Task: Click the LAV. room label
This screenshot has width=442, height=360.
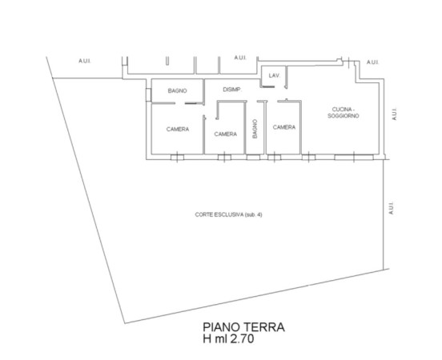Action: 275,75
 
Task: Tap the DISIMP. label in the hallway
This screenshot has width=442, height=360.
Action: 232,90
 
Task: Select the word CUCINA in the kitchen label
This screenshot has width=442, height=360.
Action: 342,110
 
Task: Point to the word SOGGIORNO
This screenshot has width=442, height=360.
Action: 344,116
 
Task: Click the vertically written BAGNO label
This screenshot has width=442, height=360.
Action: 255,129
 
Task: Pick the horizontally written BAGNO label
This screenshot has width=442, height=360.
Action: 177,90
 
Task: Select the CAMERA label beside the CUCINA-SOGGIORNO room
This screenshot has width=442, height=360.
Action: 284,127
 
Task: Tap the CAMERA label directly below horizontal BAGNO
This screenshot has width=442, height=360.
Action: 178,130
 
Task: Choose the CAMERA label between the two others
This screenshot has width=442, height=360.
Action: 226,134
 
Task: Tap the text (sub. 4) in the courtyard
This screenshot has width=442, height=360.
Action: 254,214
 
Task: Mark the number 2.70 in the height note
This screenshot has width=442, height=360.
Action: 242,338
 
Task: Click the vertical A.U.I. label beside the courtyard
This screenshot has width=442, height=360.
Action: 391,208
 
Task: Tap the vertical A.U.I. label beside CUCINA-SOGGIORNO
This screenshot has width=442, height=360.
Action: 395,114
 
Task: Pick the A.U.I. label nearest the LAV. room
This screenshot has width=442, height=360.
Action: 240,58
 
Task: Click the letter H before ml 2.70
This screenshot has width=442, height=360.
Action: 207,338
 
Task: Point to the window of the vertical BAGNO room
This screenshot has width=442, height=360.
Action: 253,157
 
